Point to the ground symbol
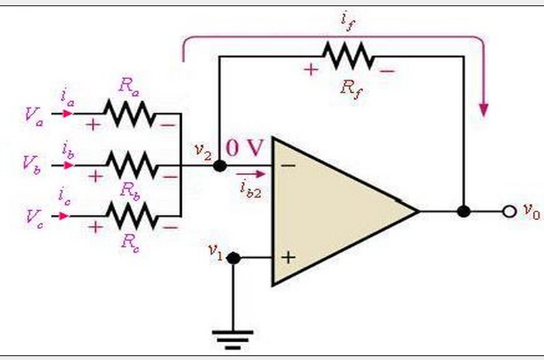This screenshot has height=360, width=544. [232, 336]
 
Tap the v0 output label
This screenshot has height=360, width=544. [530, 209]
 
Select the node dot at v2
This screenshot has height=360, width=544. [219, 165]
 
